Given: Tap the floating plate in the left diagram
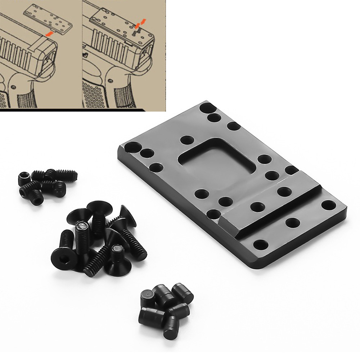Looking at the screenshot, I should click(x=47, y=18).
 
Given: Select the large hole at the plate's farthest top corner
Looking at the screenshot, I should click(x=206, y=108).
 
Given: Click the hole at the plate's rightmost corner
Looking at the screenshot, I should click(x=328, y=206).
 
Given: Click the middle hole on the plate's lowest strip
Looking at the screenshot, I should click(x=293, y=223).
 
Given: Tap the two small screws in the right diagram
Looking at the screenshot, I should click(x=135, y=31).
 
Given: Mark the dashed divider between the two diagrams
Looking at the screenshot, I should click(x=82, y=54).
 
